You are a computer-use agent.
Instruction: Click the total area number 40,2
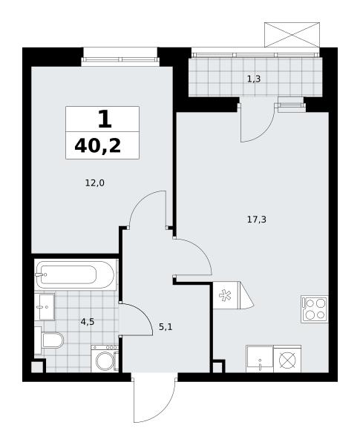(98, 147)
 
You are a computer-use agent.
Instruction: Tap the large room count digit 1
(105, 119)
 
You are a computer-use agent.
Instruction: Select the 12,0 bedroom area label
(94, 183)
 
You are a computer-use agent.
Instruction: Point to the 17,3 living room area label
(257, 220)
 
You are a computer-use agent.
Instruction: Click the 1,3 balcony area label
(254, 79)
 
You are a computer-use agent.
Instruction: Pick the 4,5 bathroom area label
(88, 322)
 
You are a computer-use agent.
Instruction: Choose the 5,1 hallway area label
(166, 327)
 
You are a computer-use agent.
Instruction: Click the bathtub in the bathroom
(75, 274)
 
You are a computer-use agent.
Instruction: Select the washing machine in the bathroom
(105, 358)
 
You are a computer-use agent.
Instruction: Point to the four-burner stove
(315, 309)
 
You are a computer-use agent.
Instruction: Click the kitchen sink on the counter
(260, 359)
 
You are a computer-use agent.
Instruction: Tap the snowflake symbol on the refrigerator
(224, 295)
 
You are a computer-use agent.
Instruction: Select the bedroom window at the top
(120, 59)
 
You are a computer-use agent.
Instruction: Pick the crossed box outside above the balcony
(292, 35)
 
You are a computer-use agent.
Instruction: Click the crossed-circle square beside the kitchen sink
(287, 360)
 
